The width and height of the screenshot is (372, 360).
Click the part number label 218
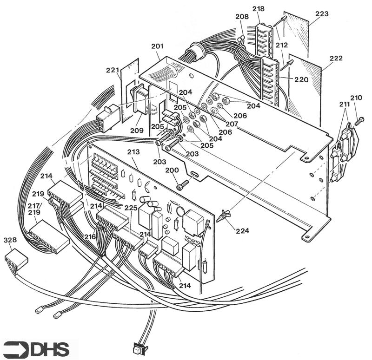click(259, 9)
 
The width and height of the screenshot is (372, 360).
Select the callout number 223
click(322, 14)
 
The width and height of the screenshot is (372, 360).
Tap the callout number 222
click(336, 59)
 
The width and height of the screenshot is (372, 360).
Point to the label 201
click(157, 46)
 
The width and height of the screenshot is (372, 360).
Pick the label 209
click(137, 131)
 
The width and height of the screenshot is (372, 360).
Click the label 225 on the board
click(131, 208)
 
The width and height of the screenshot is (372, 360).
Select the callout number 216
click(90, 237)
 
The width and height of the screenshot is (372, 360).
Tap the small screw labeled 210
click(359, 120)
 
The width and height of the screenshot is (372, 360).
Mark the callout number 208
click(241, 16)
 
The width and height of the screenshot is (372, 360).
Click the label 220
click(301, 79)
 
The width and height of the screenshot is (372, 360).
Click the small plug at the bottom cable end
click(139, 347)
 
